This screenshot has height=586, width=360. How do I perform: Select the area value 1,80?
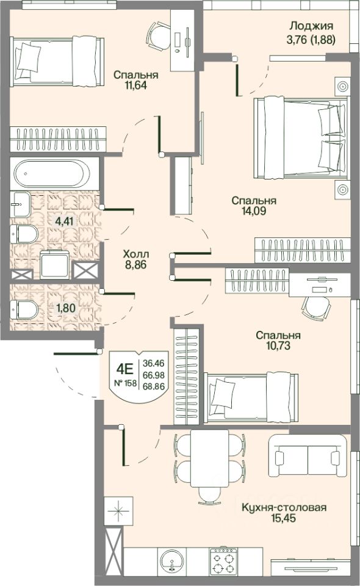click(66, 308)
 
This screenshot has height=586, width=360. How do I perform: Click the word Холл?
click(136, 254)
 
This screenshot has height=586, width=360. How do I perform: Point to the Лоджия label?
click(311, 26)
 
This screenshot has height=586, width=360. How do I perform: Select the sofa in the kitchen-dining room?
click(308, 455)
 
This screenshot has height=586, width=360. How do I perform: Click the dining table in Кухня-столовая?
click(209, 458)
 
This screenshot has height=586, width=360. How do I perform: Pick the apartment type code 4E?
click(124, 369)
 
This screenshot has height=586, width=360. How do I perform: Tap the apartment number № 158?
click(125, 383)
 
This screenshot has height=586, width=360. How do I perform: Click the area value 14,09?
click(254, 211)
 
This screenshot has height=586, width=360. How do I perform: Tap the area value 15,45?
click(284, 518)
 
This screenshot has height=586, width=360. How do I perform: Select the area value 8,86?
click(136, 265)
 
